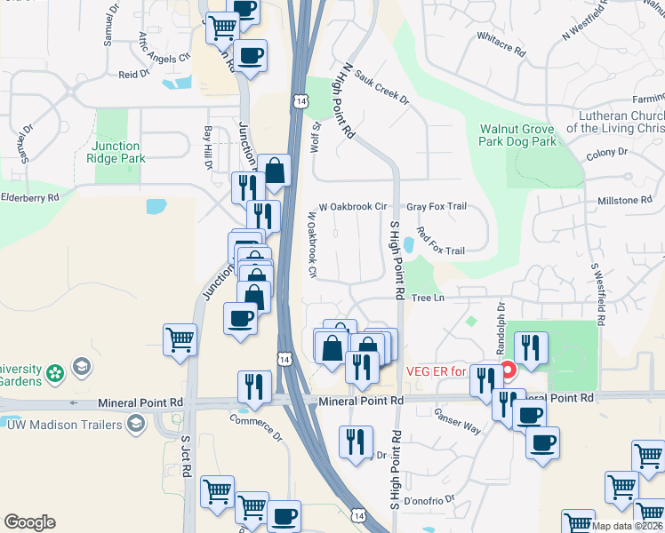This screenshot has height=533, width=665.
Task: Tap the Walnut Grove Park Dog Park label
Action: [517, 135]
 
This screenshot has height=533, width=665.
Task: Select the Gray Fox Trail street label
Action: [437, 206]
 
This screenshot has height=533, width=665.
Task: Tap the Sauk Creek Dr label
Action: [381, 88]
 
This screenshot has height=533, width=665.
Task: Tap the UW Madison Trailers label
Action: [64, 425]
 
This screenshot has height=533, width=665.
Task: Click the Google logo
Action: [29, 522]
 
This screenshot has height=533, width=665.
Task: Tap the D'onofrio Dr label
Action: [429, 498]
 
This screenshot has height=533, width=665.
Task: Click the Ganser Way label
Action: [457, 422]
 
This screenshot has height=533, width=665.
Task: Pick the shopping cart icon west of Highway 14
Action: [180, 340]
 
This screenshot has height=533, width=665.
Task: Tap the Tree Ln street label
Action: [427, 298]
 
